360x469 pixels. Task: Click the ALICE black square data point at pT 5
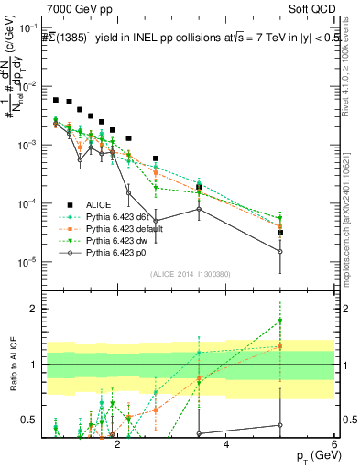coord(280,233)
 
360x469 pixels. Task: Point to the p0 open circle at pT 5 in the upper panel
coord(280,252)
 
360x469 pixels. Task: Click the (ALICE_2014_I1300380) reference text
coord(191,272)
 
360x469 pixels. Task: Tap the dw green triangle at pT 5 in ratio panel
coord(280,321)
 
